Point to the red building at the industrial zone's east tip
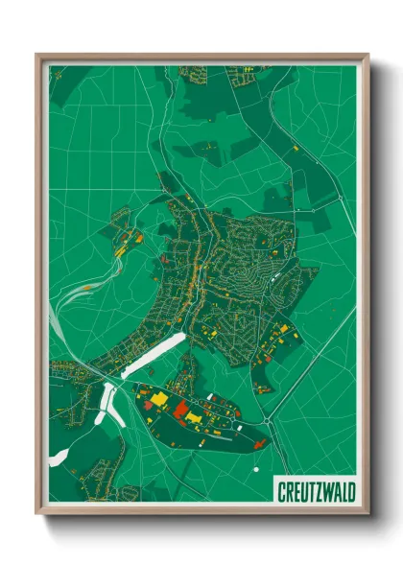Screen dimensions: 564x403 [259, 442]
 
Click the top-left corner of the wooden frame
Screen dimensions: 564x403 [37, 55]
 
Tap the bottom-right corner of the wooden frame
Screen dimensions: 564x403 [368, 515]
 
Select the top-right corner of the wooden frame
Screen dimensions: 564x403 [368, 55]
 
